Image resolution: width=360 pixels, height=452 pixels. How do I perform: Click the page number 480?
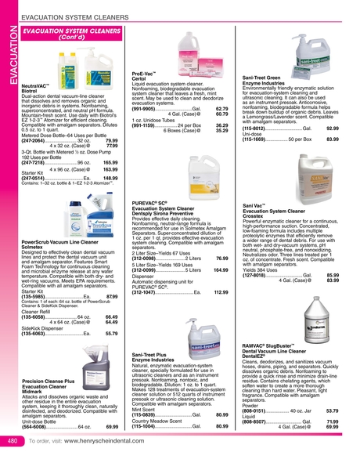click(13, 441)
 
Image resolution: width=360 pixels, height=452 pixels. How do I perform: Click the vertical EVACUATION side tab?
click(9, 59)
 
